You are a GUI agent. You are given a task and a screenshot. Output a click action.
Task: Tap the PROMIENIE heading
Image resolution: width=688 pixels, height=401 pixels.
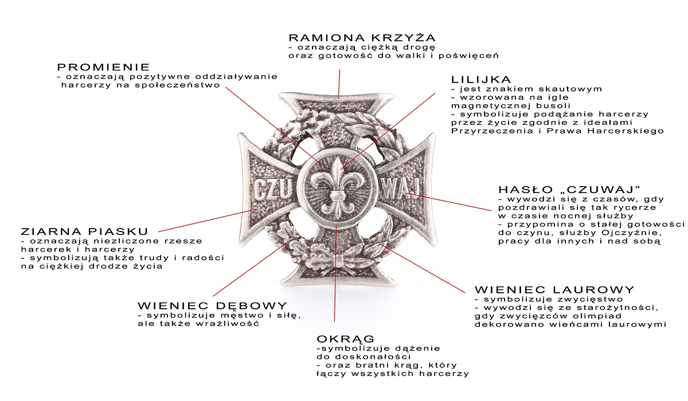point(104,67)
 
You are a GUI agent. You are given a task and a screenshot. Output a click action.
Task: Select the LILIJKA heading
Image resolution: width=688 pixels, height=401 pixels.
point(481,79)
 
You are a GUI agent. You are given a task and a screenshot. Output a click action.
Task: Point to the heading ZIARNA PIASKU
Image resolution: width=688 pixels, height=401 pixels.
point(84,231)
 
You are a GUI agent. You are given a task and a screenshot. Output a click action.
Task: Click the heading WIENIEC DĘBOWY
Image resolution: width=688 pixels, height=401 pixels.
point(212,306)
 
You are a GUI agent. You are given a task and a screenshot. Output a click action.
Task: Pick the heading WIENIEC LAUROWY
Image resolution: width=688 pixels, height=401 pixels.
point(554,290)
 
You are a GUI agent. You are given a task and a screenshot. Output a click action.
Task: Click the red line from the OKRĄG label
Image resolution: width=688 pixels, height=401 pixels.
point(334,298)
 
